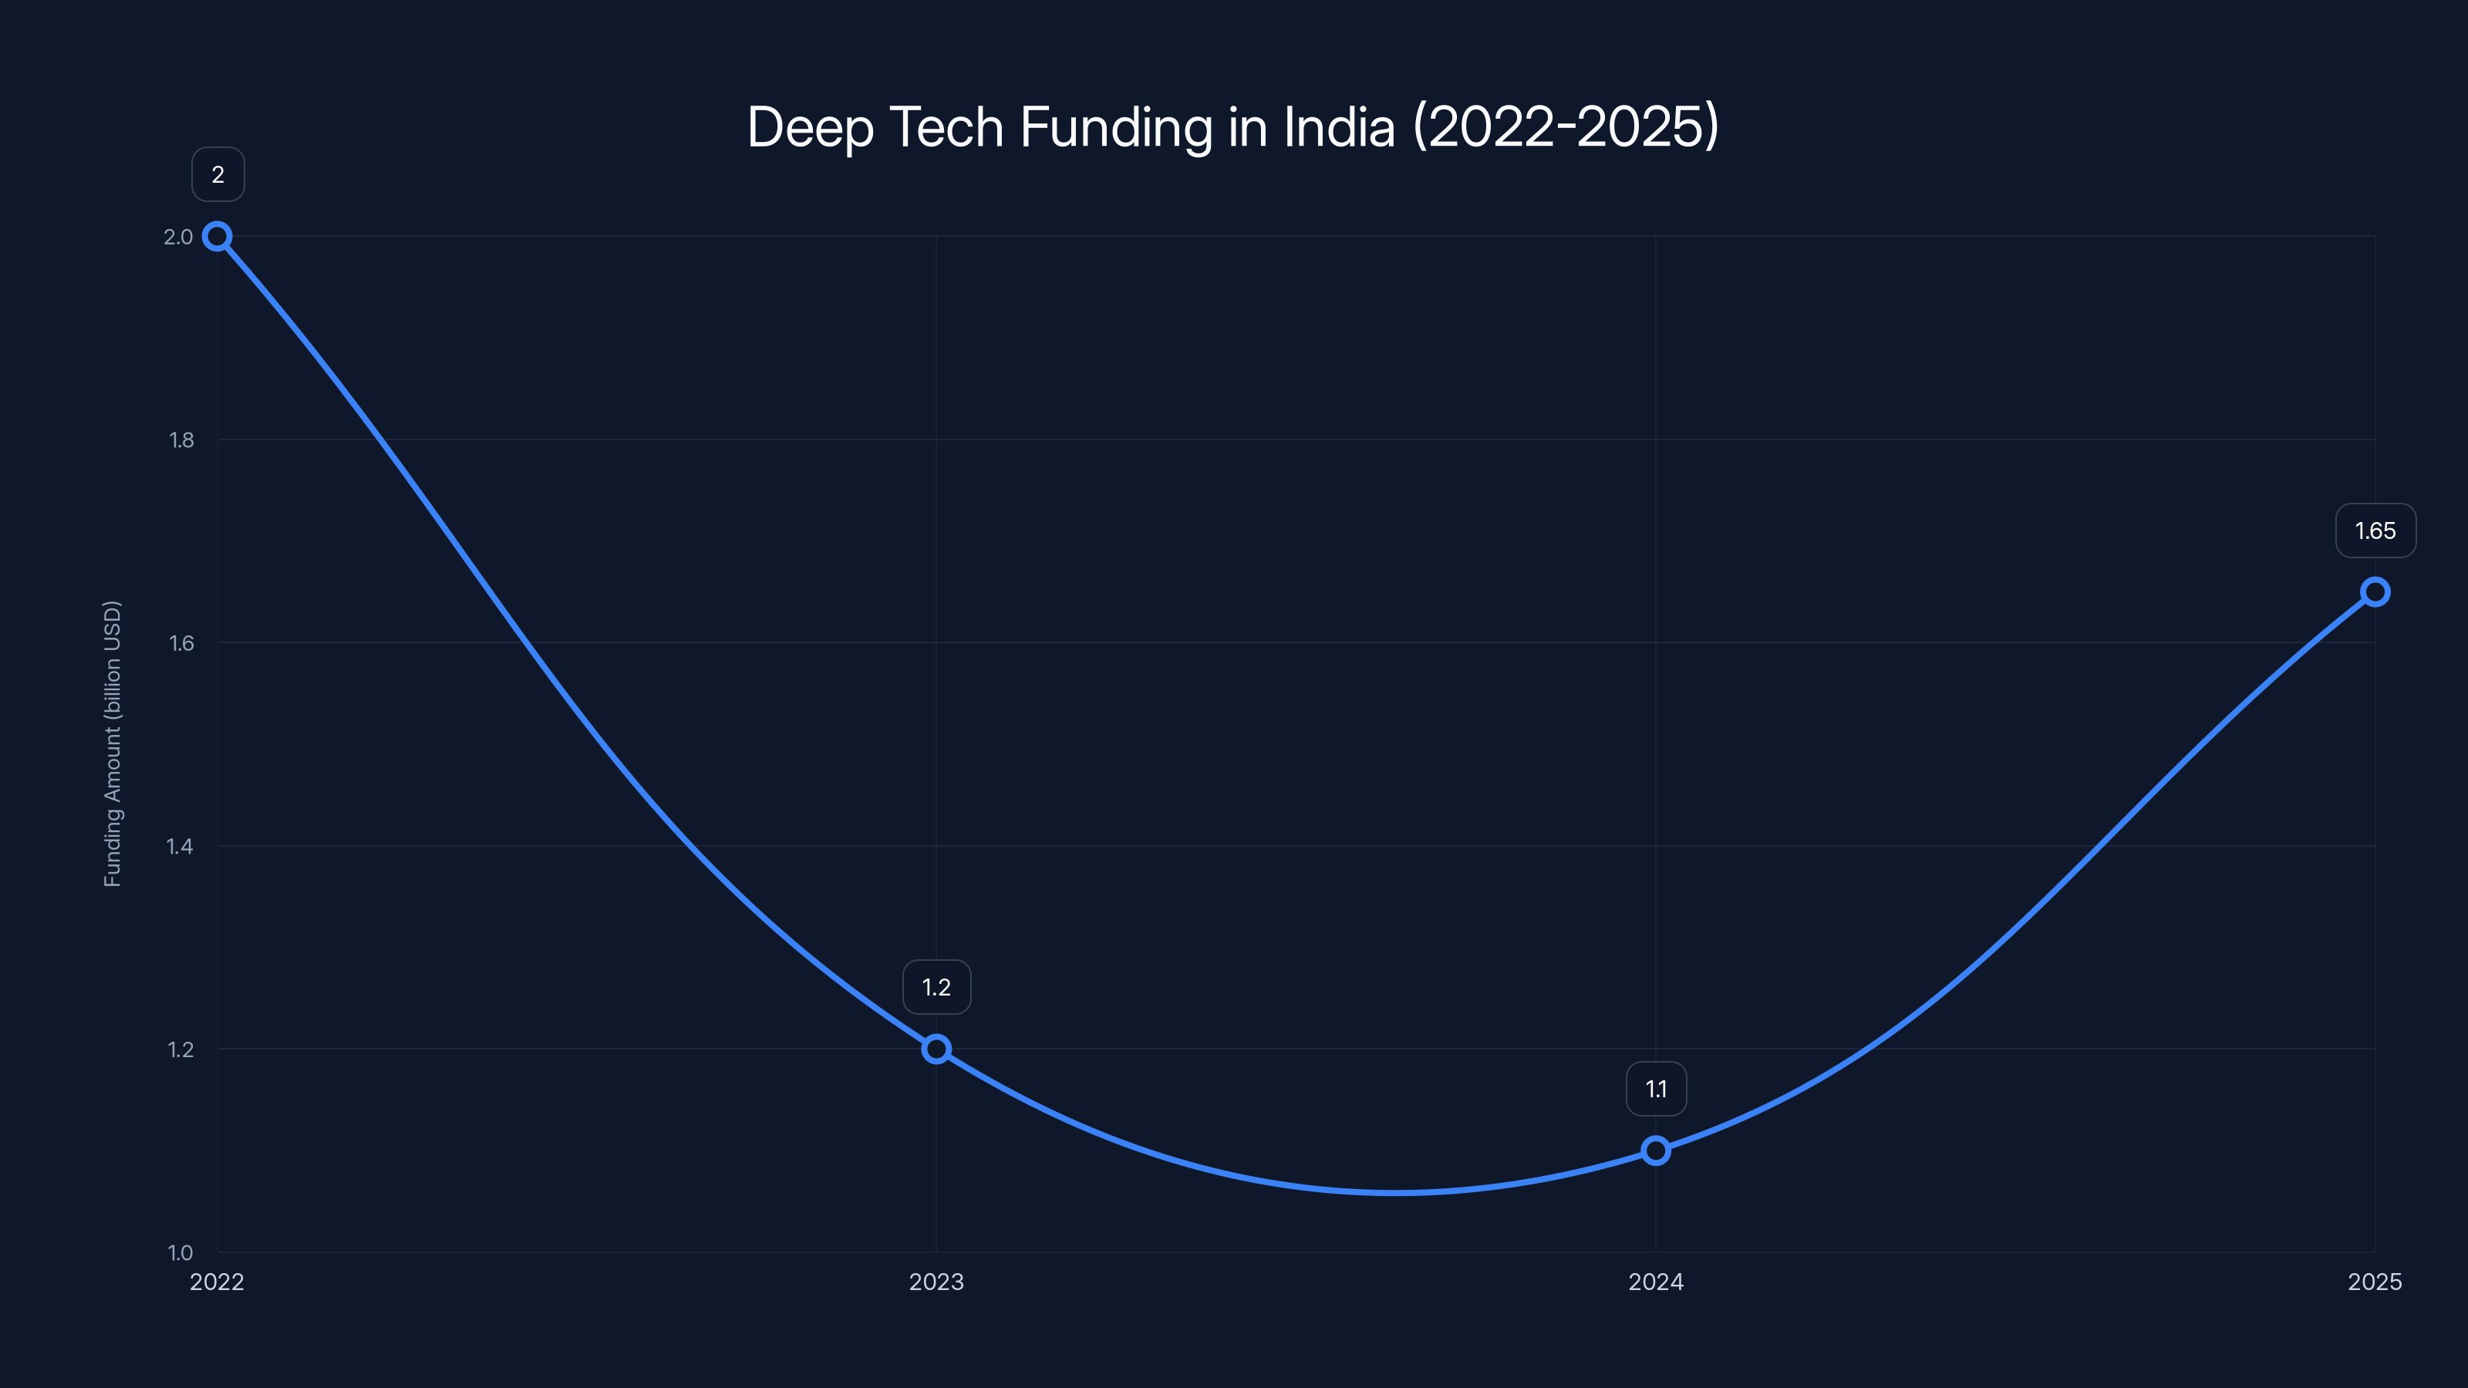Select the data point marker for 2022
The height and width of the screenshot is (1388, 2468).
click(x=217, y=237)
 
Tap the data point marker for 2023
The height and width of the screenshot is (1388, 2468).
click(x=936, y=1049)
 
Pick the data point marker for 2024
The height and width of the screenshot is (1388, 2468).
click(x=1656, y=1150)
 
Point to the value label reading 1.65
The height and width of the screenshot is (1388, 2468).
click(x=2375, y=531)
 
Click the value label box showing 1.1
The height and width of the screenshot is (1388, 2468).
click(x=1656, y=1089)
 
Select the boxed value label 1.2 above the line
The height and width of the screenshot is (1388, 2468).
click(x=936, y=988)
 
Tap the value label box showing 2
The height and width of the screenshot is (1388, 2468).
click(x=217, y=174)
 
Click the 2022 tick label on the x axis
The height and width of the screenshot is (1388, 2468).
click(x=217, y=1282)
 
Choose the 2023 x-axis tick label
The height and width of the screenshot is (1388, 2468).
click(x=936, y=1282)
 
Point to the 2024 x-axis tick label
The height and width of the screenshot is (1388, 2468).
click(x=1656, y=1282)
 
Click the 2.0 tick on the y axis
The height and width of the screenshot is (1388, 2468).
click(x=178, y=237)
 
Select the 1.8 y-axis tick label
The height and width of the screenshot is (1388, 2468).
click(x=181, y=440)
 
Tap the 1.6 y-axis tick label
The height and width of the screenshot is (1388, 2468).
click(x=181, y=643)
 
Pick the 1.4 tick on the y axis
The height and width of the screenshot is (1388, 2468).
click(x=180, y=846)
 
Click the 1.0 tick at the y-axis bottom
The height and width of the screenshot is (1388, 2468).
click(x=180, y=1252)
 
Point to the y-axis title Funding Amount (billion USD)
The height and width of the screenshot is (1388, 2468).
click(x=112, y=743)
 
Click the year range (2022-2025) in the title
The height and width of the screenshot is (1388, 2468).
click(x=1566, y=126)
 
